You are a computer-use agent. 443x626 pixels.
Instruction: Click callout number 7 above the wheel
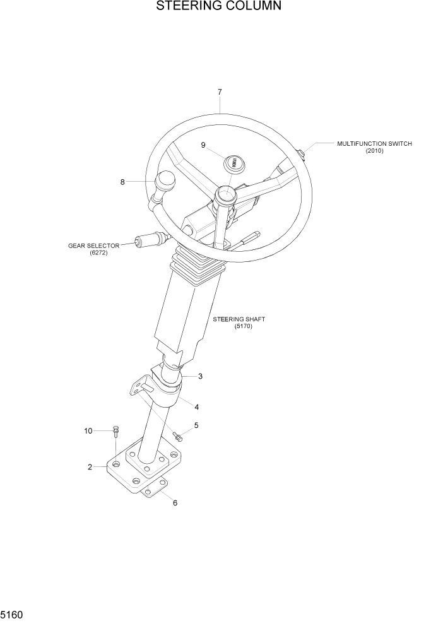tap(220, 92)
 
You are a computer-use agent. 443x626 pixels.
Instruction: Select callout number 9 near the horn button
tap(203, 145)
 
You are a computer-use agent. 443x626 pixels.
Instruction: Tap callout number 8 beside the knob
tap(122, 182)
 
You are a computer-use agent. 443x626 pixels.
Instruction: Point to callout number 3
tap(200, 377)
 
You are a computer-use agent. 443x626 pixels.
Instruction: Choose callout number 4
tap(196, 407)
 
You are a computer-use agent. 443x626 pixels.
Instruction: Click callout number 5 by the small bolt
tap(196, 425)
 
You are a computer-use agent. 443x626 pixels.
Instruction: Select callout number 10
tap(88, 431)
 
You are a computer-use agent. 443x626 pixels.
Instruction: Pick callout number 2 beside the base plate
tap(90, 467)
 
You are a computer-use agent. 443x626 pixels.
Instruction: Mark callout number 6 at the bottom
tap(175, 503)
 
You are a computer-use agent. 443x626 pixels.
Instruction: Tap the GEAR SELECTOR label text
tap(93, 245)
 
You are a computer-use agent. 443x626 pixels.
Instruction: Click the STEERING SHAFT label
tap(239, 319)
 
